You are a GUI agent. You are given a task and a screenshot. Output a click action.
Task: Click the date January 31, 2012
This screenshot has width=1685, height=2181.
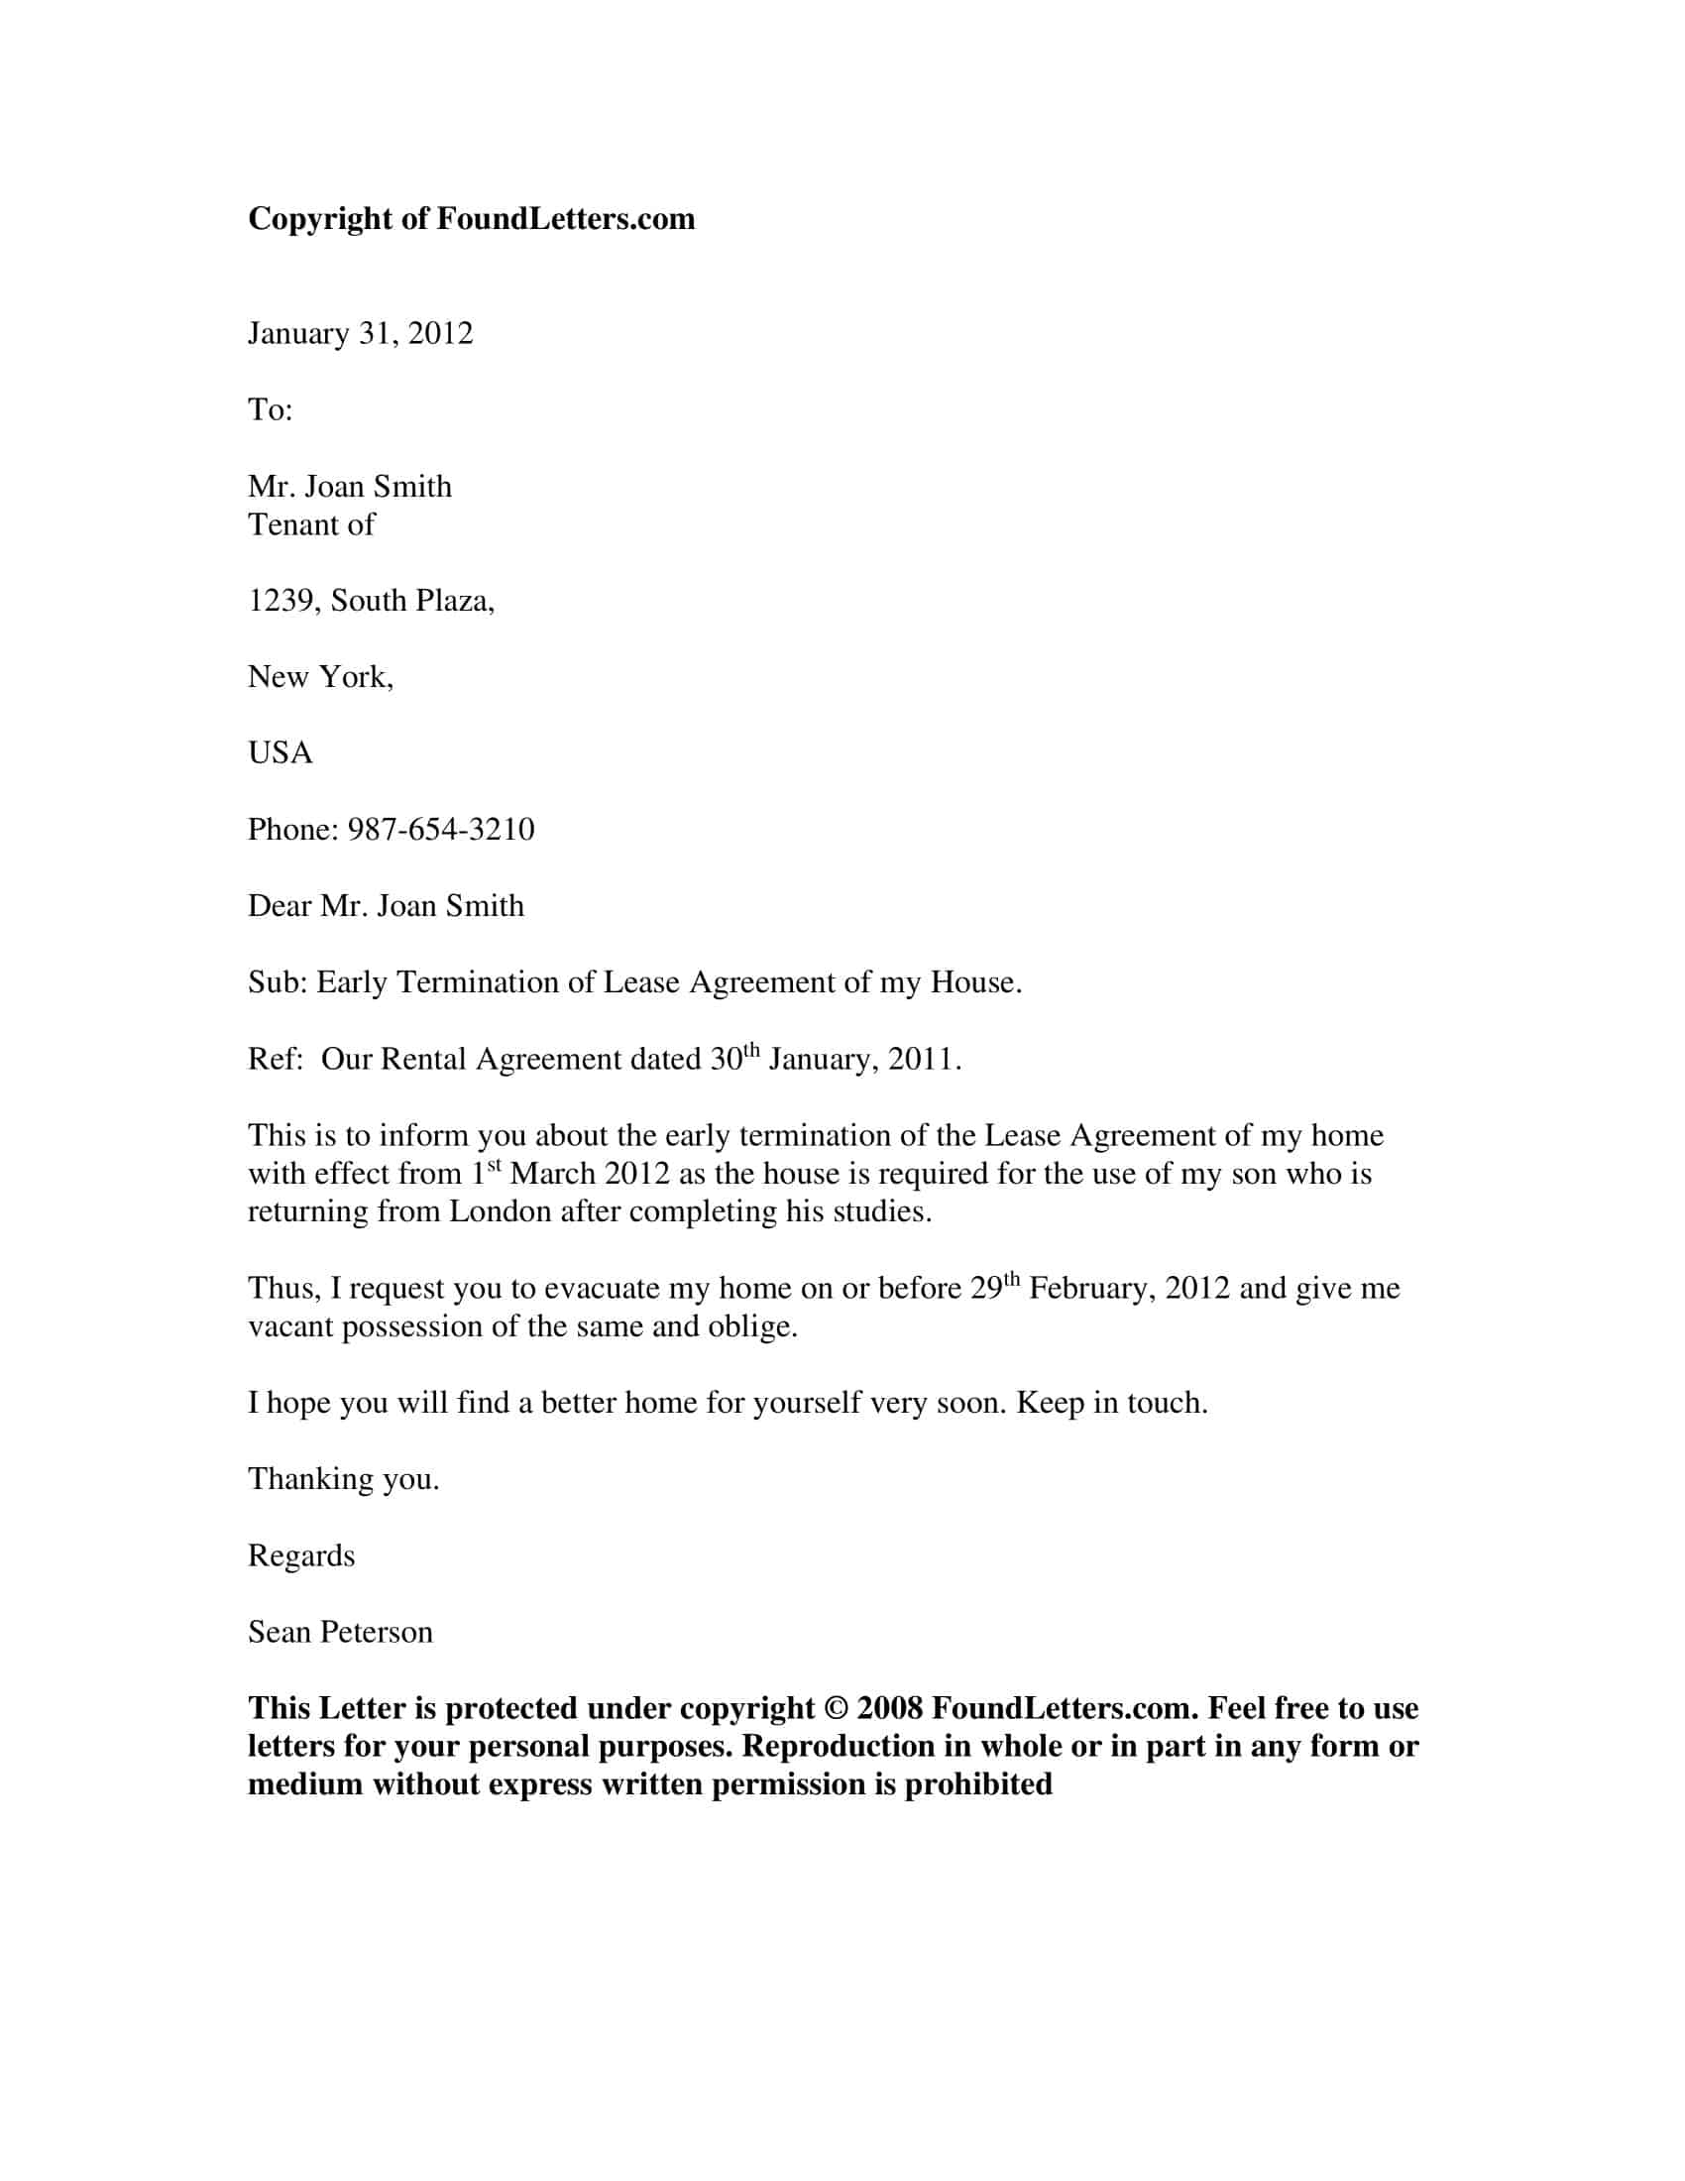(x=360, y=333)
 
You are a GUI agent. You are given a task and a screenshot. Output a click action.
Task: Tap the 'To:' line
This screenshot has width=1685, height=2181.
(x=270, y=410)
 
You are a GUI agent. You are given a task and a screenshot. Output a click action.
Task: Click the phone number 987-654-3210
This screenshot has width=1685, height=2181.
(x=440, y=830)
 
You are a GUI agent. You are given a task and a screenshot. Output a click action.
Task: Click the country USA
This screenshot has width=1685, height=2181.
(x=280, y=753)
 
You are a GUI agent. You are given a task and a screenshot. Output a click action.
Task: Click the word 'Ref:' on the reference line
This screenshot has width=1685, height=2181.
(x=275, y=1060)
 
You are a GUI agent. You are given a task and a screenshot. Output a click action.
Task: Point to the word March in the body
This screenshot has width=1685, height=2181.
(x=553, y=1174)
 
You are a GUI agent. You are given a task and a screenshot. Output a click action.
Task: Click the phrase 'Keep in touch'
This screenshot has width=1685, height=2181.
(x=1110, y=1403)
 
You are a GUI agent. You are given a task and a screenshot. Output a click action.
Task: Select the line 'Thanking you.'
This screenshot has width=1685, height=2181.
(x=343, y=1479)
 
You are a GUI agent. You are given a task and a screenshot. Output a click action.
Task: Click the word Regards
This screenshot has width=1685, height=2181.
(x=300, y=1555)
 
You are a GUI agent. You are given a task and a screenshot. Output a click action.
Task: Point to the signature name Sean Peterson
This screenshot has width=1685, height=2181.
(x=339, y=1632)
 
